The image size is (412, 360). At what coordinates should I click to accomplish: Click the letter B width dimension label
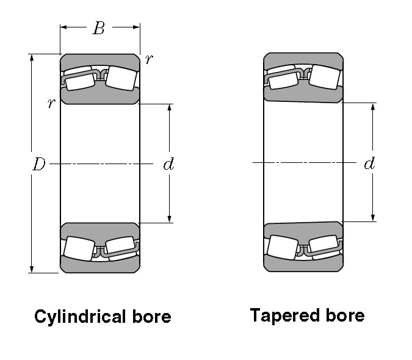pyautogui.click(x=99, y=28)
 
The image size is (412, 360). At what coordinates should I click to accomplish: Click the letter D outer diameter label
pyautogui.click(x=38, y=164)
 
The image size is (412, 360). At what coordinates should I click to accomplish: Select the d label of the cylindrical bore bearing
pyautogui.click(x=169, y=164)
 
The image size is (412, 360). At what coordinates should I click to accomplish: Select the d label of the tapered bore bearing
pyautogui.click(x=369, y=164)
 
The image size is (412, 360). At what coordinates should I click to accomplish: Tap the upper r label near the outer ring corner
pyautogui.click(x=149, y=59)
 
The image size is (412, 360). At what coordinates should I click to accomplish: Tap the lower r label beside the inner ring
pyautogui.click(x=51, y=103)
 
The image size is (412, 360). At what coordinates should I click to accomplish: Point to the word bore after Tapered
pyautogui.click(x=345, y=315)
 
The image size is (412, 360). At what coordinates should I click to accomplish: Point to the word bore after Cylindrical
pyautogui.click(x=151, y=317)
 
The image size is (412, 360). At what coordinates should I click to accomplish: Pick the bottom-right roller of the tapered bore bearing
pyautogui.click(x=323, y=246)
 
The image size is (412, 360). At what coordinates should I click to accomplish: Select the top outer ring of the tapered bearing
pyautogui.click(x=303, y=60)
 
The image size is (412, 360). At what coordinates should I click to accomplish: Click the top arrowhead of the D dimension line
pyautogui.click(x=31, y=58)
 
